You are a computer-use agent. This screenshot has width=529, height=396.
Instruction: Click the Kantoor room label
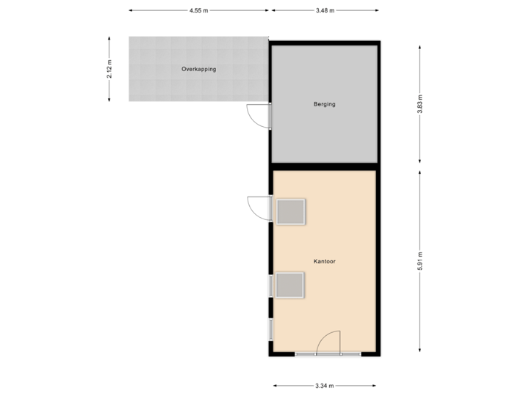click(324, 260)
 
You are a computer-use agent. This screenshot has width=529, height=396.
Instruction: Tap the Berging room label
click(324, 104)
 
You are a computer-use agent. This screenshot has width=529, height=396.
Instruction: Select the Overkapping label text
click(198, 69)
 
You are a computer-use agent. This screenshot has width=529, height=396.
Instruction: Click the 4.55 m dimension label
click(198, 11)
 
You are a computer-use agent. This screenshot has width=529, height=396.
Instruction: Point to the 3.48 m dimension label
click(325, 11)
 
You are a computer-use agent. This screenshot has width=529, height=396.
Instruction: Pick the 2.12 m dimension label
click(109, 69)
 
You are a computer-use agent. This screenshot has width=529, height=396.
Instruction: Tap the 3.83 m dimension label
click(420, 104)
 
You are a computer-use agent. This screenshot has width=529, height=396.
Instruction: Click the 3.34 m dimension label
click(325, 384)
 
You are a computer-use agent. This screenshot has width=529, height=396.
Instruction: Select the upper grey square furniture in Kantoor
click(290, 211)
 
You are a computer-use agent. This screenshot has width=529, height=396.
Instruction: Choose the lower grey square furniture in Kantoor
click(290, 285)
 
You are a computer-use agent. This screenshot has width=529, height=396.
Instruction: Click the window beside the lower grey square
click(271, 285)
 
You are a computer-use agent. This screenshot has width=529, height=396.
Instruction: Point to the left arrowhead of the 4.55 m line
click(131, 11)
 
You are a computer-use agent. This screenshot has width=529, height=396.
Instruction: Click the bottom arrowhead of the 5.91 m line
click(420, 351)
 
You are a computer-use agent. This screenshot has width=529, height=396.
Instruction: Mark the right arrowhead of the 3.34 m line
click(374, 384)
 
